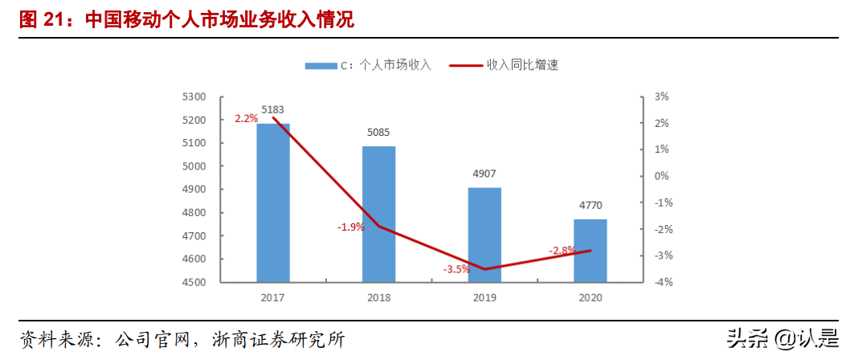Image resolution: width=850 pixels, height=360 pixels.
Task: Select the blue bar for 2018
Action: coord(378,215)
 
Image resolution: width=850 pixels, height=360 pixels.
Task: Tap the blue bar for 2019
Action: coord(484,235)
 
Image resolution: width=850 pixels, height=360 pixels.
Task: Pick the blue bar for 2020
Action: coord(591,251)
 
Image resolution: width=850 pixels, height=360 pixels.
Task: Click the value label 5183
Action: coord(272,111)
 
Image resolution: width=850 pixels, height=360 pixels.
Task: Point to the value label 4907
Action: coord(484,174)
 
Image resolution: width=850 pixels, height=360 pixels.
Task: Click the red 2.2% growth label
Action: coord(246,118)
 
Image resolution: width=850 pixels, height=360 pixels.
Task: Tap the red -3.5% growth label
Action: coord(456,269)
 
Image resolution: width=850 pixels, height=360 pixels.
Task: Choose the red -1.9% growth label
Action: coord(350,227)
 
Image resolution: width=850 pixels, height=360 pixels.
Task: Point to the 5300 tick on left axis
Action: coord(194,96)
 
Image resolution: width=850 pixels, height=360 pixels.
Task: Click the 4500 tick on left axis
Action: coord(194,283)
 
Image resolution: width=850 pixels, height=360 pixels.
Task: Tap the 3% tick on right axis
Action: coord(662,96)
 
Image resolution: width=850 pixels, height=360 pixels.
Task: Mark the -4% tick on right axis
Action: coord(662,283)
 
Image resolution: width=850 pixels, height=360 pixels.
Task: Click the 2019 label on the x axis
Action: coord(484,297)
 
